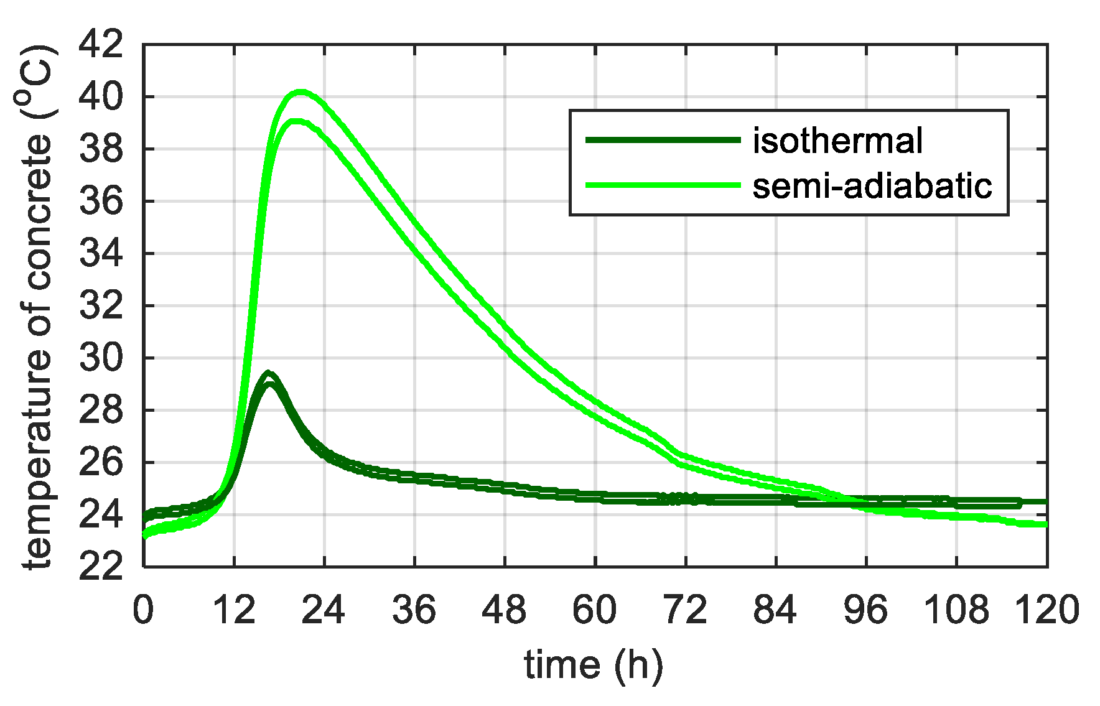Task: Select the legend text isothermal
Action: pyautogui.click(x=837, y=141)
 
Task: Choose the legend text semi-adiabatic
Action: pyautogui.click(x=872, y=185)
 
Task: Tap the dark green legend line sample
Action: pyautogui.click(x=663, y=140)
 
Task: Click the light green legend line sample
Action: pyautogui.click(x=663, y=185)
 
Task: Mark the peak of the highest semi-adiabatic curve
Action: pyautogui.click(x=301, y=92)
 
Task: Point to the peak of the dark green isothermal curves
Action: pyautogui.click(x=268, y=373)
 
